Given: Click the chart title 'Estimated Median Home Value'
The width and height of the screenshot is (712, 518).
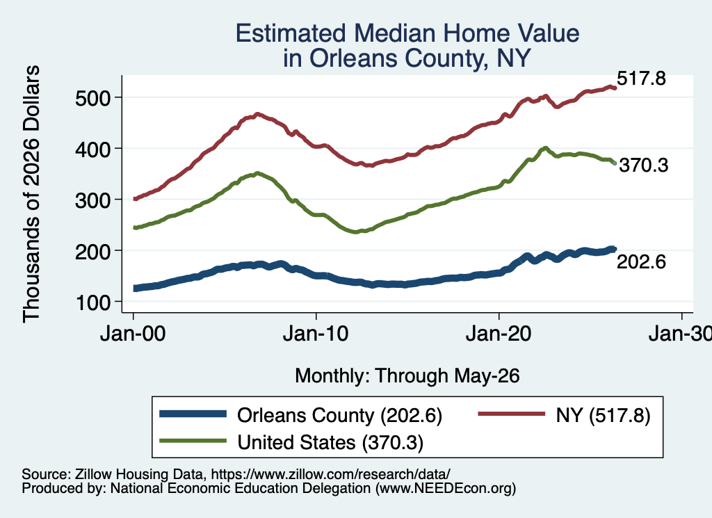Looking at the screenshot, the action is [x=407, y=33].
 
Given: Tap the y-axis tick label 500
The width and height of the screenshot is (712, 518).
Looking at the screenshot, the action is [x=93, y=98].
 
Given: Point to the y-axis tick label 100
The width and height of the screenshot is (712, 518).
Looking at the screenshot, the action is [x=93, y=302].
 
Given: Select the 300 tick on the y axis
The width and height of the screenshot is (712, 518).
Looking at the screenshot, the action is [x=93, y=200].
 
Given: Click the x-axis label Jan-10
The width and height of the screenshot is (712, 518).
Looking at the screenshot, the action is [x=316, y=334].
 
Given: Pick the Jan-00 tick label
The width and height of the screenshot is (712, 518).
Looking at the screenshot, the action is [x=133, y=334].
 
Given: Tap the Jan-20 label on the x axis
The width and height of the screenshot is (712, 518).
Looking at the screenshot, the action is [x=499, y=334].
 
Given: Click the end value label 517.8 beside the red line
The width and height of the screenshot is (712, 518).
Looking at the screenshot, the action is [x=641, y=79].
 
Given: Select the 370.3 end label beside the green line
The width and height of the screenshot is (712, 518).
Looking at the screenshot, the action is [x=643, y=165].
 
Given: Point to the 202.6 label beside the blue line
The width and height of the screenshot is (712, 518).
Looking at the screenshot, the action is [x=641, y=262].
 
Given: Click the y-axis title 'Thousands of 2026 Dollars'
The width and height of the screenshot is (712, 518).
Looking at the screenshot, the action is [x=31, y=194].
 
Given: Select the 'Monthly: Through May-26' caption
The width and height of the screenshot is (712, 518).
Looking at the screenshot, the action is [x=407, y=376].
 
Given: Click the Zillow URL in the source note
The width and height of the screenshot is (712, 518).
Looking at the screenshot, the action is [x=330, y=474].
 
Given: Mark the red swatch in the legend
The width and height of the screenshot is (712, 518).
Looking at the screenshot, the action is [x=511, y=414].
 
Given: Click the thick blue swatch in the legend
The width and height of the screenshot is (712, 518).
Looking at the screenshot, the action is [x=193, y=414].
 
